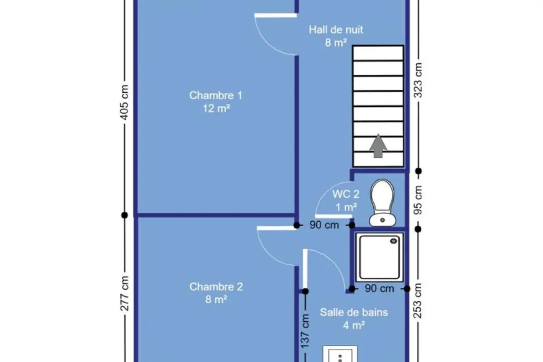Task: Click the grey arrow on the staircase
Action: pyautogui.click(x=378, y=146)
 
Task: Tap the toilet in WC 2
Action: pyautogui.click(x=382, y=203)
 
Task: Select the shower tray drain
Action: pyautogui.click(x=393, y=241)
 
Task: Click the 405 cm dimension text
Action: pyautogui.click(x=124, y=102)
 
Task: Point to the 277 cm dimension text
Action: pyautogui.click(x=124, y=294)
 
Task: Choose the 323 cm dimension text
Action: pyautogui.click(x=418, y=80)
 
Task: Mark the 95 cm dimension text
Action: pyautogui.click(x=418, y=200)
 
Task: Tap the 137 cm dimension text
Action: pyautogui.click(x=305, y=331)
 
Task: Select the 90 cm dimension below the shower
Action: pyautogui.click(x=379, y=289)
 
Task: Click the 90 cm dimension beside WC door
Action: pyautogui.click(x=324, y=225)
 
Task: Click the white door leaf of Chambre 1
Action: pyautogui.click(x=276, y=15)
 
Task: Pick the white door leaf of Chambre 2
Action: pyautogui.click(x=276, y=228)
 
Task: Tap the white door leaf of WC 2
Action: pyautogui.click(x=333, y=216)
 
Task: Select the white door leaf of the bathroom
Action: pyautogui.click(x=305, y=269)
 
